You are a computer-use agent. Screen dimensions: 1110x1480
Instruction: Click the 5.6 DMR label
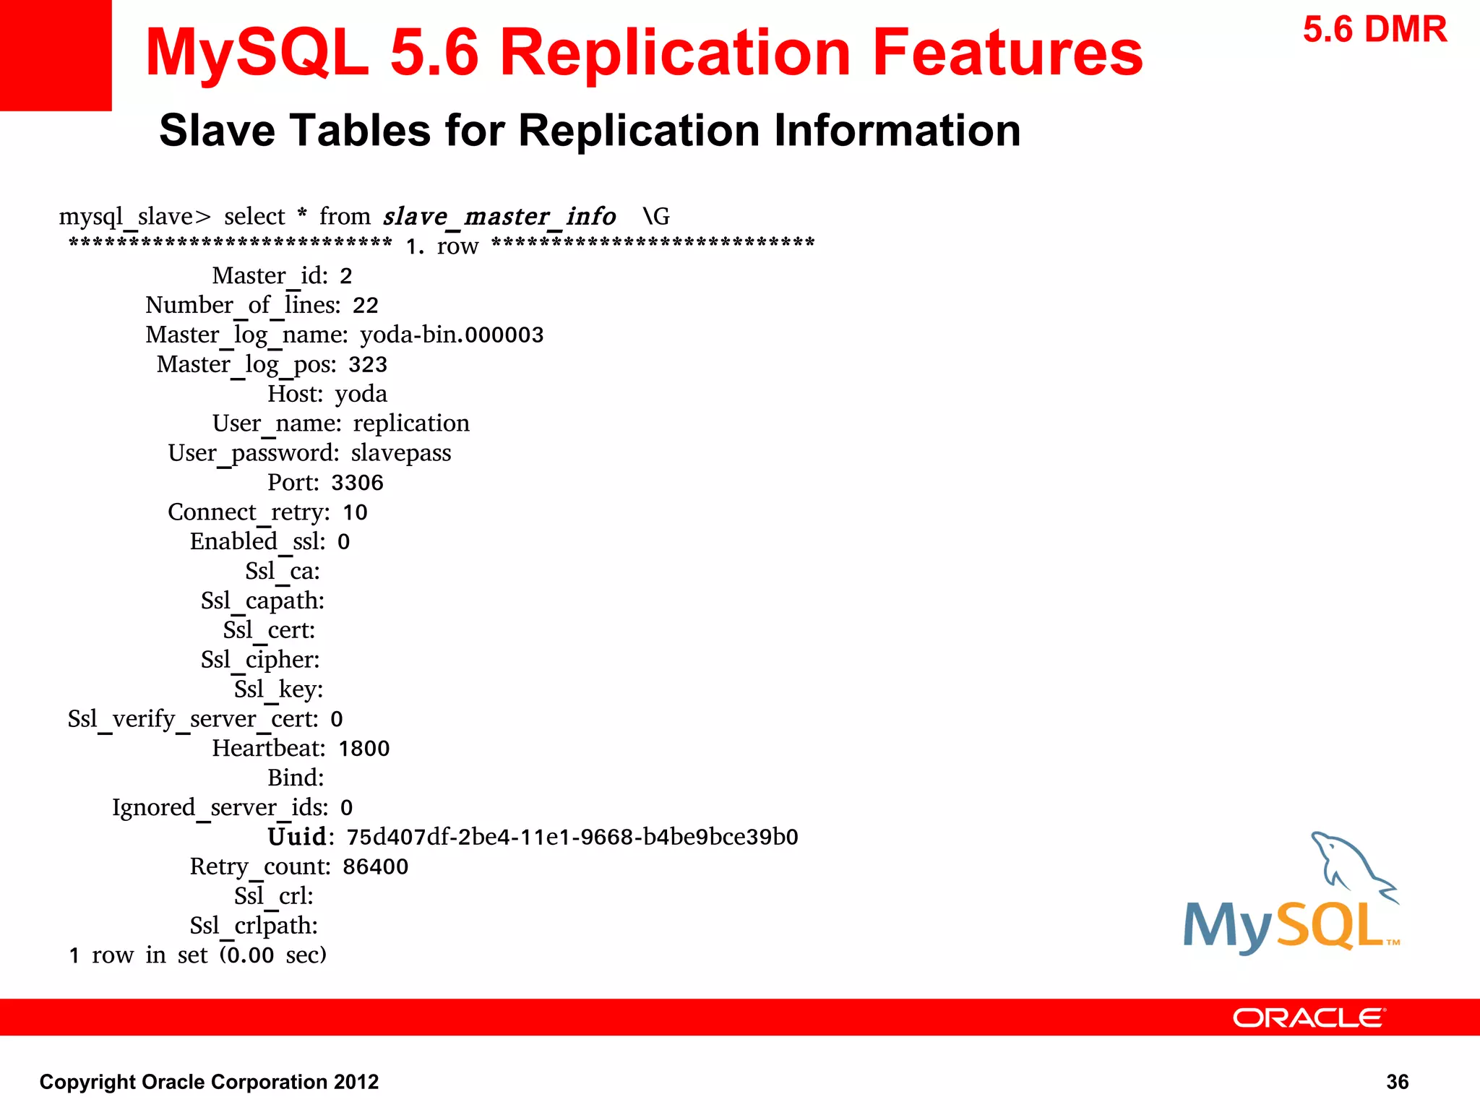point(1374,30)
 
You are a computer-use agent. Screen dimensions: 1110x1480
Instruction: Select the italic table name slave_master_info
point(499,216)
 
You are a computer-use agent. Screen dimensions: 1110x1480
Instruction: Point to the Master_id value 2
point(346,276)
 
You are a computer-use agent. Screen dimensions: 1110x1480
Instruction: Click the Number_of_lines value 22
point(365,306)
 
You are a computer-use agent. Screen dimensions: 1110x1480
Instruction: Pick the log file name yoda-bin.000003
point(452,335)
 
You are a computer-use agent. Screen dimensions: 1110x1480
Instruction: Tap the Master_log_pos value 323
point(368,365)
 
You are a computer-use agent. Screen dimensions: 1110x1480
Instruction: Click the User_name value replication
point(411,423)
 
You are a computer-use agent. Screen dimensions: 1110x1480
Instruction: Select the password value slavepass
point(401,453)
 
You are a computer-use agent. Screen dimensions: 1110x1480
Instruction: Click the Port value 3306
point(357,483)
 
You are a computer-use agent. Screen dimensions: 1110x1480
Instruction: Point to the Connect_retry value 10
point(355,512)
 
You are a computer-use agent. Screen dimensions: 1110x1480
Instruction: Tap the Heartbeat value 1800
point(363,749)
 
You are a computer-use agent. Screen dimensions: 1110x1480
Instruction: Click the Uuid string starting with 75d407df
point(572,837)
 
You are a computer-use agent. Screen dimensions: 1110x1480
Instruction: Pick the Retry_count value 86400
point(375,866)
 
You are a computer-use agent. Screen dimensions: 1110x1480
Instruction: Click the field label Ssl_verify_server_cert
point(193,719)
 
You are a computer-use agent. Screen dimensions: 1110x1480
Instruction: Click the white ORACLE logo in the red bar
point(1308,1017)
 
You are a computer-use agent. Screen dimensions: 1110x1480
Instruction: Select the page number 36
point(1397,1082)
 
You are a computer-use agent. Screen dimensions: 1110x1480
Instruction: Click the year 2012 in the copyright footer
point(356,1082)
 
